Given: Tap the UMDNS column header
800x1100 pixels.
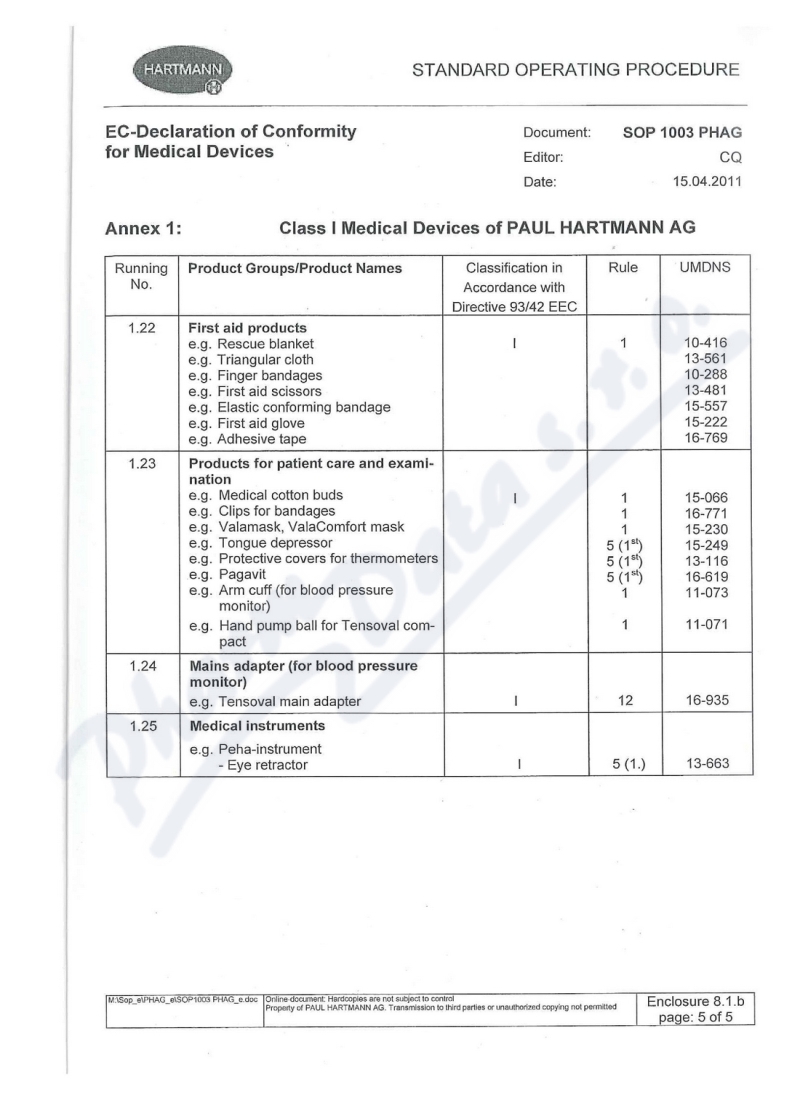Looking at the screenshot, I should [x=698, y=268].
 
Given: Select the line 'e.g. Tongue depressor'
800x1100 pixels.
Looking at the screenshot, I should [x=259, y=543].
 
